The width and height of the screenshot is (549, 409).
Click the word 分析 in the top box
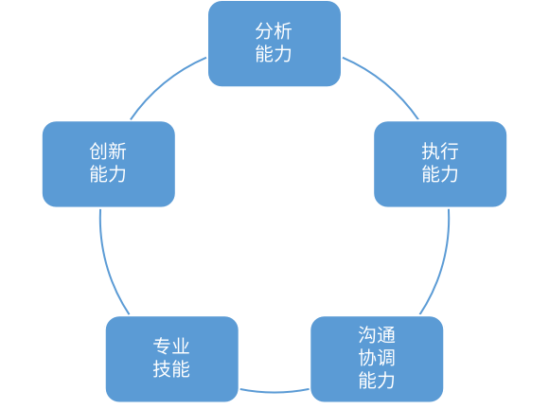point(274,32)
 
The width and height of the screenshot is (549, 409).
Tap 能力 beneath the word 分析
point(274,54)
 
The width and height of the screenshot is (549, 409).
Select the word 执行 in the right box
point(439,152)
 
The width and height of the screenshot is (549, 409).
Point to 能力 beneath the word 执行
point(439,174)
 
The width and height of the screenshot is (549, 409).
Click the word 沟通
point(377,336)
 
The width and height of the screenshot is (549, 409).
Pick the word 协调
point(377,358)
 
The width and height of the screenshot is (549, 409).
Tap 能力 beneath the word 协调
point(377,381)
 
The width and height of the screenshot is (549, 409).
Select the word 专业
point(171,347)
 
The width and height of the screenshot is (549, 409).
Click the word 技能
point(171,369)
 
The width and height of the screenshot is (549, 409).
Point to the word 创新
point(108,152)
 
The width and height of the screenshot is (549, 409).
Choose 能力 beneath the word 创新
point(108,174)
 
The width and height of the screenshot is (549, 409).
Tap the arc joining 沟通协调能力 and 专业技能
point(274,391)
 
